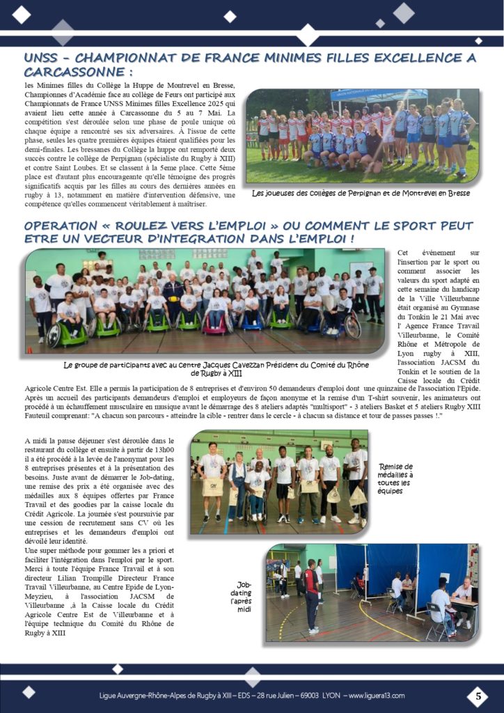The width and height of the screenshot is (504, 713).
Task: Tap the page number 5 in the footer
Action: click(x=478, y=696)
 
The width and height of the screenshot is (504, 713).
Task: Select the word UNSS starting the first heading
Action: click(x=45, y=58)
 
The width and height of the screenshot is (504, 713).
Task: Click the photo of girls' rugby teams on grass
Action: click(x=362, y=135)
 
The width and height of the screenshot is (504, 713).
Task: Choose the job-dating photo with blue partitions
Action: click(x=371, y=593)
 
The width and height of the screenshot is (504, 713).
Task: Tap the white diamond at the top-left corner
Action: click(x=22, y=13)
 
